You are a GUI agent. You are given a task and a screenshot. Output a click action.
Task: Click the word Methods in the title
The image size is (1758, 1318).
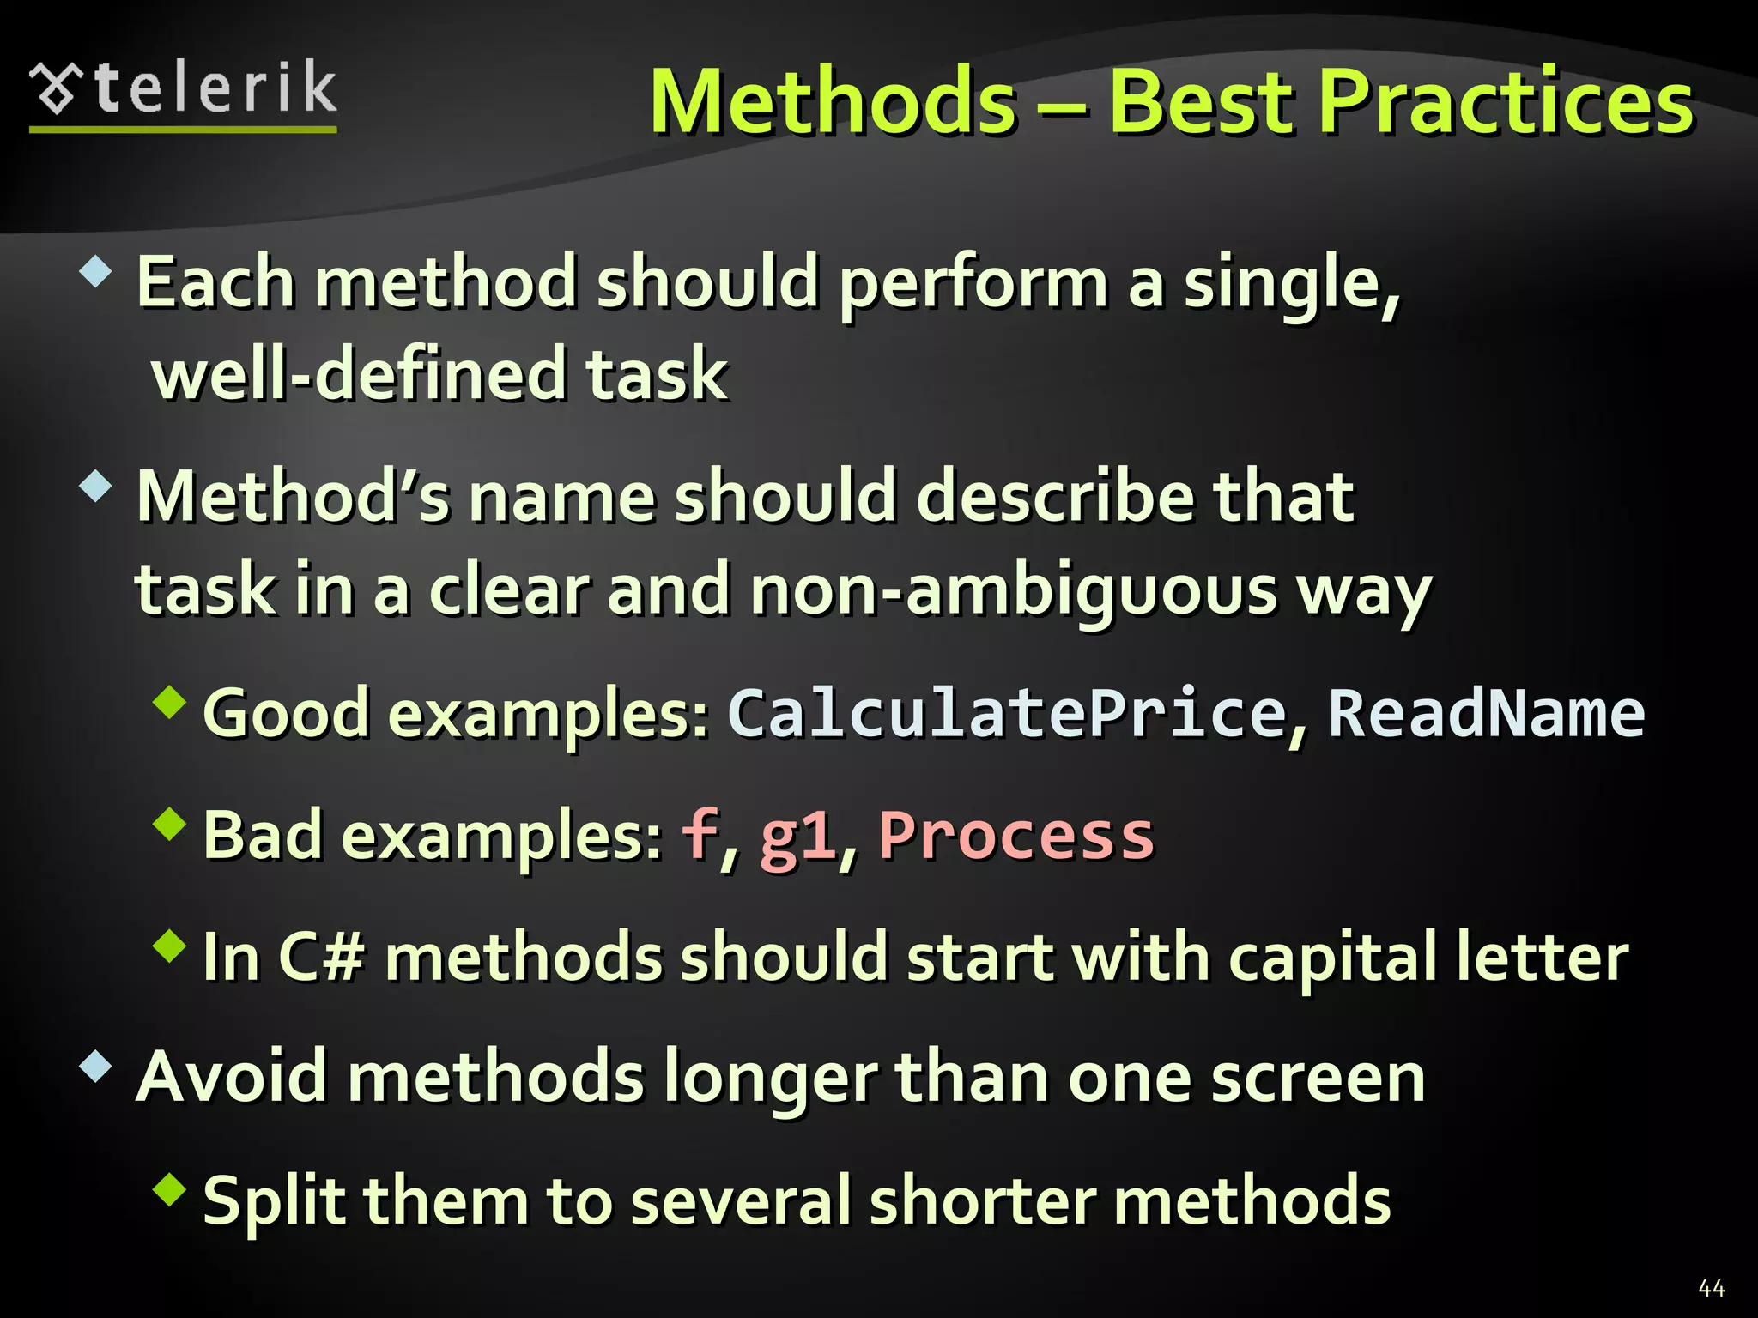(x=834, y=103)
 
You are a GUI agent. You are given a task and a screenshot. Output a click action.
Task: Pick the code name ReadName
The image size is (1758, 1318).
(x=1486, y=714)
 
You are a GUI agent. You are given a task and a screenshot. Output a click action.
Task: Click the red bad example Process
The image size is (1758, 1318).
(x=1016, y=836)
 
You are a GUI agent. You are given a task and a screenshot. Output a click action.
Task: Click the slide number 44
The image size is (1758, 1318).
(x=1711, y=1287)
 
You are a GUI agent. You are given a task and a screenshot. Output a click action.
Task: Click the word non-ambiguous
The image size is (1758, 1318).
(x=1014, y=590)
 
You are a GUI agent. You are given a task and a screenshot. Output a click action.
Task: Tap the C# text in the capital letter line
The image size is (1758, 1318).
(x=321, y=958)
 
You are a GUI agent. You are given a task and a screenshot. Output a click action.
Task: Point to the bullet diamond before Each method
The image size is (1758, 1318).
(x=95, y=273)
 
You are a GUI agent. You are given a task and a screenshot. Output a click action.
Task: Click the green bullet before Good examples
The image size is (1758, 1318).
(x=170, y=702)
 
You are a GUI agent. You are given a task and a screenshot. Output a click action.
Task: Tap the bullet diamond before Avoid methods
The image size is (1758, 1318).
(x=95, y=1067)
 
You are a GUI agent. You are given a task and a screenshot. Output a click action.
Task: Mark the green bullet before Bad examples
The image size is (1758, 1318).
(x=170, y=824)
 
